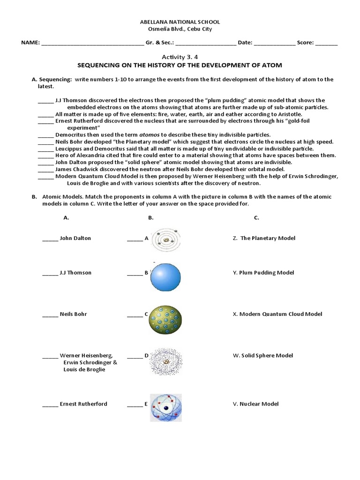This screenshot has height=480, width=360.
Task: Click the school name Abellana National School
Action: [180, 22]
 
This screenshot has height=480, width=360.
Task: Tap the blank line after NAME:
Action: [93, 43]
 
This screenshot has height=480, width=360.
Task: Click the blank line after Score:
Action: [326, 43]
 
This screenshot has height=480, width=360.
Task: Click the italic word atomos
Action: [145, 135]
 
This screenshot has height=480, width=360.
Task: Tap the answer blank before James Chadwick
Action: [45, 169]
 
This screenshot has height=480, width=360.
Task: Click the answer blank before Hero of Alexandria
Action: [45, 155]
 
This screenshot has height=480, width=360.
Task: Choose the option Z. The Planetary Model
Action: [264, 238]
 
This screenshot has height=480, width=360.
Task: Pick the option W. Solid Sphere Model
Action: [262, 355]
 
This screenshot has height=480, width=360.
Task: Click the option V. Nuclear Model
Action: [255, 404]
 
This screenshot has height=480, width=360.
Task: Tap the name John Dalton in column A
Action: [75, 238]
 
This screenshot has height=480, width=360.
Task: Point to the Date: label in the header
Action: [245, 43]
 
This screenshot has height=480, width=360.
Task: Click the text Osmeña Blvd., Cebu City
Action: [180, 29]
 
